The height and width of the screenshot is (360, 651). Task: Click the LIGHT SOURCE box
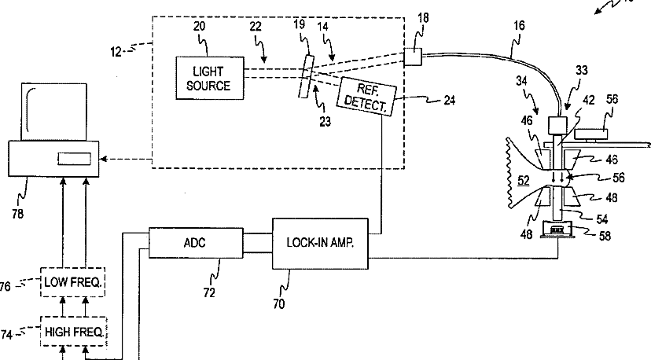click(210, 78)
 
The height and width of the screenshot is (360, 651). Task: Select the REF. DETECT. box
click(366, 97)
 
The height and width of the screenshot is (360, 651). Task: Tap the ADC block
click(196, 243)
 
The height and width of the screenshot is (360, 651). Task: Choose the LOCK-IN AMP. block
click(320, 243)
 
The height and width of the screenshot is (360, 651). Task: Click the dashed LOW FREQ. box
click(73, 282)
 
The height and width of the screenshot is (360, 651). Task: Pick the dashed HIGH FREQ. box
click(74, 332)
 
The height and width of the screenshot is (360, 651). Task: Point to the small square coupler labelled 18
click(413, 57)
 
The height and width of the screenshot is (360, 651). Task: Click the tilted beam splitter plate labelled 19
click(306, 76)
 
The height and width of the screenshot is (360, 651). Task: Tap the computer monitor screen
click(54, 112)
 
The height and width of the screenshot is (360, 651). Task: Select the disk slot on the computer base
click(75, 158)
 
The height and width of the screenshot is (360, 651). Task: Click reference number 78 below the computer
click(18, 214)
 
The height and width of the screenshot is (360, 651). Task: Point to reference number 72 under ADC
click(209, 292)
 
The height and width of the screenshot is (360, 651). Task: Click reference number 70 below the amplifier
click(279, 304)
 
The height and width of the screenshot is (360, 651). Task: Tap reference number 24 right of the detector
click(450, 100)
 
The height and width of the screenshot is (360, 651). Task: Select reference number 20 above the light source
click(199, 26)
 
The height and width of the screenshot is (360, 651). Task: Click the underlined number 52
click(524, 181)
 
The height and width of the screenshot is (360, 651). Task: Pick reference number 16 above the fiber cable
click(519, 26)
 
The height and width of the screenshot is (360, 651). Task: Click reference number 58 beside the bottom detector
click(605, 236)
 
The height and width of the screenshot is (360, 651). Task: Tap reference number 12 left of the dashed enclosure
click(116, 52)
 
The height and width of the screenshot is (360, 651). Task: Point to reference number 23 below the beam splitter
click(325, 121)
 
